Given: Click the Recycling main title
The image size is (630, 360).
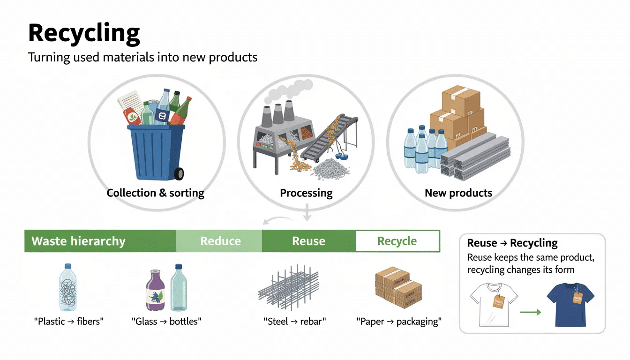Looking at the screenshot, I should tap(84, 33).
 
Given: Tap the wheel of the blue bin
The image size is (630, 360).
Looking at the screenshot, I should tap(179, 174).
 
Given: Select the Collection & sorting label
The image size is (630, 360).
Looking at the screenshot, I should tap(155, 193).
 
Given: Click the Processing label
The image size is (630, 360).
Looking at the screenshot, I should tap(306, 193).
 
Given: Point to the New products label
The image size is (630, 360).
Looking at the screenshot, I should tap(458, 193).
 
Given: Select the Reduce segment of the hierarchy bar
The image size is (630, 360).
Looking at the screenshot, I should tap(220, 241).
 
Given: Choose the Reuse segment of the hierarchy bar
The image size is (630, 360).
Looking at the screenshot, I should tap(308, 241).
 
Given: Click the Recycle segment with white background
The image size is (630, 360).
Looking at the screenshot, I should tap(397, 241).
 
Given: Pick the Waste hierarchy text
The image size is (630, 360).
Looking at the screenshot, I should tap(78, 241).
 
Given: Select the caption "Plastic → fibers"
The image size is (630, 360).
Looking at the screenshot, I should tap(68, 322).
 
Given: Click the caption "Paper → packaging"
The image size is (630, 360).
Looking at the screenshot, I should tap(398, 322).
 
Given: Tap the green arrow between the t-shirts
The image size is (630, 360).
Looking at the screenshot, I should tap(531, 312).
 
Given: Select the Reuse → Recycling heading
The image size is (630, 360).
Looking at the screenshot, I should tap(512, 243).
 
